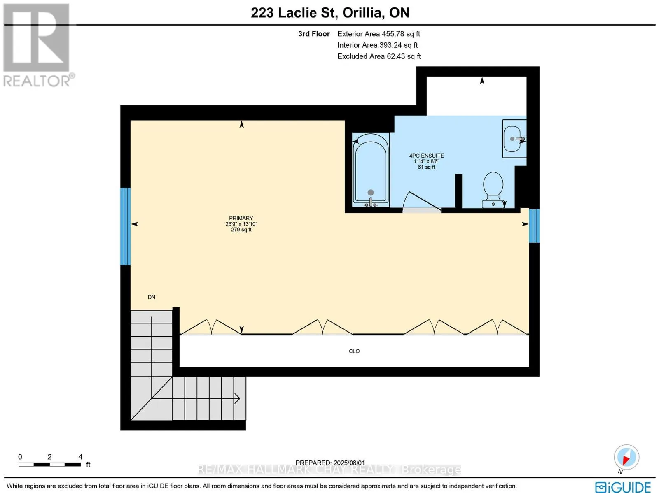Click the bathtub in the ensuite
point(371,170)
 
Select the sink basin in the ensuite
point(514,139)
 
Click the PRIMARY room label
point(241,218)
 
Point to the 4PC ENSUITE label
point(426,156)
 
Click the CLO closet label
point(354,351)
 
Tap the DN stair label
point(152,297)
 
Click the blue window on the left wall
point(126,226)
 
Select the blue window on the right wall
point(534,226)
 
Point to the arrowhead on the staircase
point(237,398)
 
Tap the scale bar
point(50,465)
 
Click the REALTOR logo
point(37,45)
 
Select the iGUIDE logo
point(623,486)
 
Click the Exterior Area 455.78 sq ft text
point(379,34)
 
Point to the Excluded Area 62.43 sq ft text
point(379,56)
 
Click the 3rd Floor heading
point(314,34)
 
